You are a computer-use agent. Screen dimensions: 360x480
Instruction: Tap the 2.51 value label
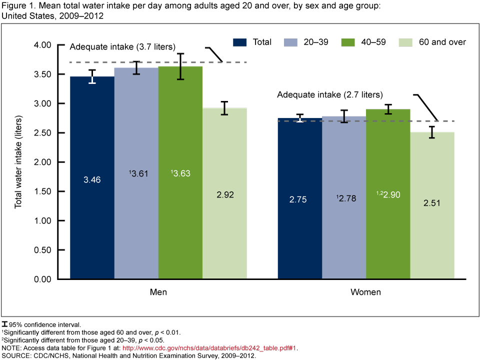[x=432, y=203]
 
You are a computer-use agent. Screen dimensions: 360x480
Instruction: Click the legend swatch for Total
[x=241, y=42]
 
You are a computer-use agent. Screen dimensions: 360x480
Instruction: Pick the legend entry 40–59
[x=372, y=42]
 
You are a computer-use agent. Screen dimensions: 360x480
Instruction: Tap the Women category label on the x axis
[x=366, y=292]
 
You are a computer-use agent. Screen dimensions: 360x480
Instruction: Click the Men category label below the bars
[x=158, y=292]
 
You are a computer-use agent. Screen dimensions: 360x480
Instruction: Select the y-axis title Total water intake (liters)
[x=18, y=161]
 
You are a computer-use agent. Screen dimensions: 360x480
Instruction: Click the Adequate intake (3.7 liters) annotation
[x=122, y=47]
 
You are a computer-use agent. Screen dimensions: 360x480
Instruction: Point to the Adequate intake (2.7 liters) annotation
[x=330, y=94]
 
